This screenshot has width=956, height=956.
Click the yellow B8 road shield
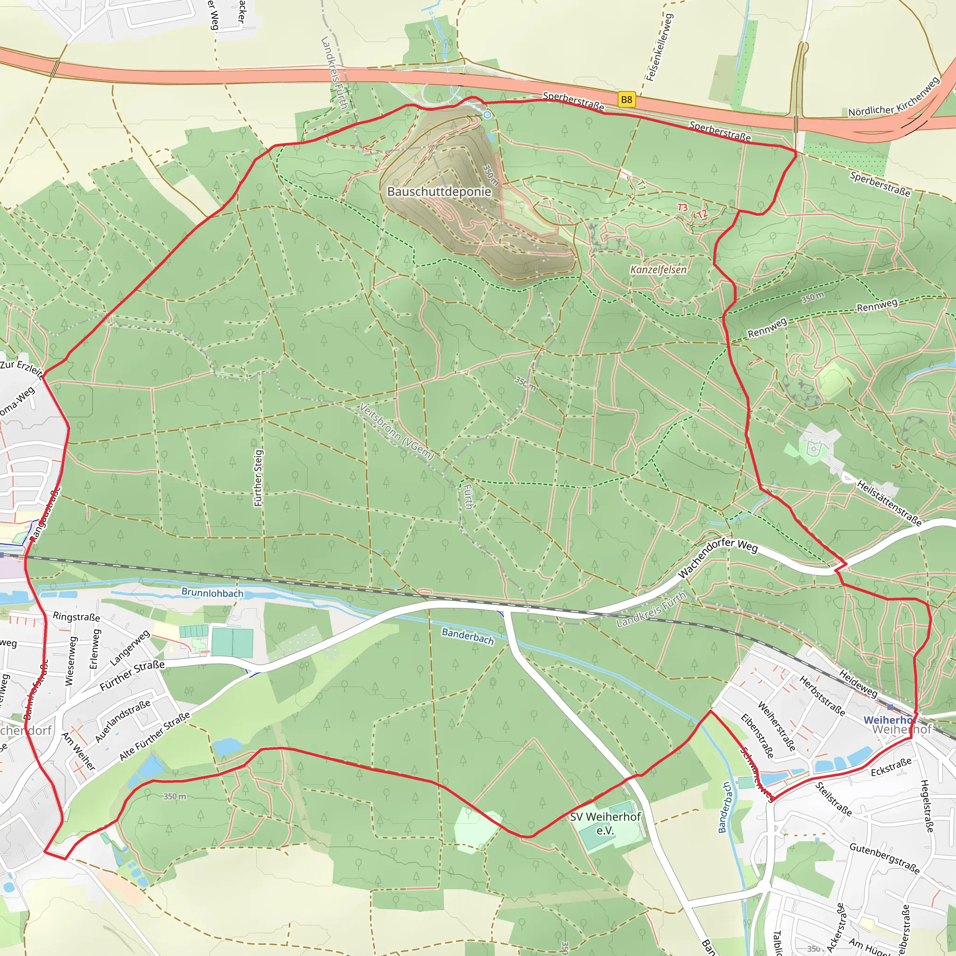(626, 99)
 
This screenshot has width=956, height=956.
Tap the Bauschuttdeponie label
(439, 191)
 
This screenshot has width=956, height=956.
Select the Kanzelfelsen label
(658, 270)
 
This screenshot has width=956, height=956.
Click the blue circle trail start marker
(487, 115)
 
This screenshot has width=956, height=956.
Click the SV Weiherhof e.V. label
(605, 823)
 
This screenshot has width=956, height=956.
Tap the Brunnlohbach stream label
(212, 592)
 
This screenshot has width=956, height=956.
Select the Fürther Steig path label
(258, 478)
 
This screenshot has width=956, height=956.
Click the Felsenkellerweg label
(659, 47)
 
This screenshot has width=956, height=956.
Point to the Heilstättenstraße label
(889, 503)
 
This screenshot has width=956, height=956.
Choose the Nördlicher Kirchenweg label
(893, 98)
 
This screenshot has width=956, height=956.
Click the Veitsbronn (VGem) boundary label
(397, 431)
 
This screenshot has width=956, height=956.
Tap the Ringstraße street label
(76, 617)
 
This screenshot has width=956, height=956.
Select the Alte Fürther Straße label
(155, 737)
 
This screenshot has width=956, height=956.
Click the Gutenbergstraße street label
(884, 858)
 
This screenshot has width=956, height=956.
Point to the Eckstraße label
(891, 767)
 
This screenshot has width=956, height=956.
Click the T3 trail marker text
(682, 207)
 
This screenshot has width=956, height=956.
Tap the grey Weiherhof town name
(901, 730)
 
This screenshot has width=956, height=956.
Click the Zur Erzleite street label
(21, 368)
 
